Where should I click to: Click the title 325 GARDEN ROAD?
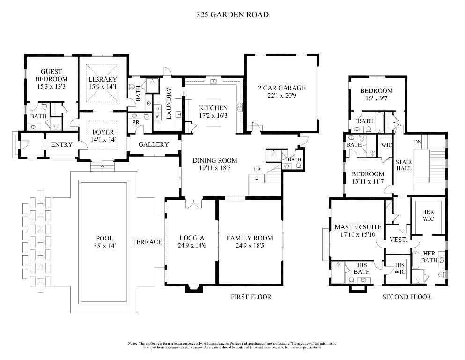[232, 15]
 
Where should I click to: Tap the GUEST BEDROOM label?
[52, 75]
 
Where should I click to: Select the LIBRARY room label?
[102, 80]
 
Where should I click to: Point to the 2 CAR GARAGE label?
[281, 88]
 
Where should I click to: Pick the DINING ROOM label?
[215, 160]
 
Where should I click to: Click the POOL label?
[104, 239]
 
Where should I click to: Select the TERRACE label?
[147, 242]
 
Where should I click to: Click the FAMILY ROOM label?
[250, 238]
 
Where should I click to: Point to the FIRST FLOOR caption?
[251, 297]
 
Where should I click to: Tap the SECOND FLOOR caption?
[406, 297]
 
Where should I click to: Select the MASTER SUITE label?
[358, 227]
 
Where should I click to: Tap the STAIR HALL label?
[403, 164]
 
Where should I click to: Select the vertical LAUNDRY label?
[169, 103]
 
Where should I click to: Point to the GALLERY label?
[153, 144]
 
